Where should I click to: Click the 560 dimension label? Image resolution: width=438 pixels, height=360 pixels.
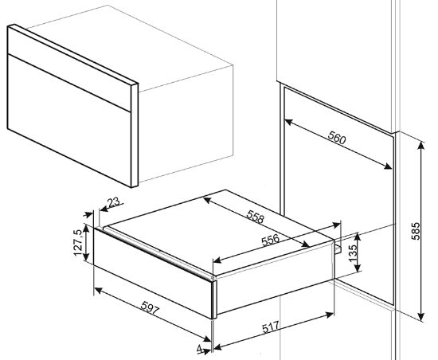(x=337, y=138)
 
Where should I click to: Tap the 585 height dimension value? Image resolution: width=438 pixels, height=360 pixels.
(x=416, y=231)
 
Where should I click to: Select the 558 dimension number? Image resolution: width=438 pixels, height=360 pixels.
(x=255, y=217)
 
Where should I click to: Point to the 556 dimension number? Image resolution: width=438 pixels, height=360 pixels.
(x=271, y=240)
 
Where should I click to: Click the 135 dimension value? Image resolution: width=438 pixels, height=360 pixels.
(x=353, y=252)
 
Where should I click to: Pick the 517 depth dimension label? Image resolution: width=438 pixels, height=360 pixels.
(x=271, y=327)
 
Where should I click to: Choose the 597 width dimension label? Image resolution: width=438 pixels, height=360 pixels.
(x=150, y=307)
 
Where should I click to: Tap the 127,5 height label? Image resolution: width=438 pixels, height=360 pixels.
(x=78, y=242)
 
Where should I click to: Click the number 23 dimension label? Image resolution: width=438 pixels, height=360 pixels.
(x=113, y=202)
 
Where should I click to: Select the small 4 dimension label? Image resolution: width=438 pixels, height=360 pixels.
(x=200, y=350)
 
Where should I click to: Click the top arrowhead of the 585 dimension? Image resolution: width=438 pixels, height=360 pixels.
(x=421, y=146)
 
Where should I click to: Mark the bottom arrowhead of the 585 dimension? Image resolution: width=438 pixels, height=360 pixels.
(x=421, y=316)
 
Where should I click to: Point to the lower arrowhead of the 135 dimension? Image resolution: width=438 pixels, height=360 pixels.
(x=358, y=268)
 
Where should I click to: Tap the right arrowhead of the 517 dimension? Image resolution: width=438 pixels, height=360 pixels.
(x=330, y=315)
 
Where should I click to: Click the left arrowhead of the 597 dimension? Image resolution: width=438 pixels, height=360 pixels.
(x=98, y=291)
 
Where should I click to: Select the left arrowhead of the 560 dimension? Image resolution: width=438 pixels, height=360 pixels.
(x=288, y=122)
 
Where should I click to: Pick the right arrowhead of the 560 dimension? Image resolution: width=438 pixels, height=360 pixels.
(x=388, y=166)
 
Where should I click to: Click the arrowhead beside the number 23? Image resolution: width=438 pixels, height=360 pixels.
(x=104, y=209)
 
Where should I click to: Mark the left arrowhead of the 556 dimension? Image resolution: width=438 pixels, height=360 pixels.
(x=217, y=261)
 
